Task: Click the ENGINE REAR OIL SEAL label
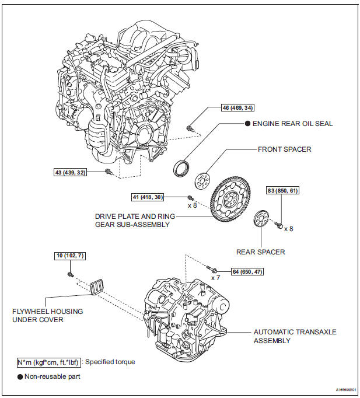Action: click(289, 124)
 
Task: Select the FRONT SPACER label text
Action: click(284, 149)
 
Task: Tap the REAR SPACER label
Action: click(261, 252)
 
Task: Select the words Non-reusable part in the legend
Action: click(52, 376)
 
